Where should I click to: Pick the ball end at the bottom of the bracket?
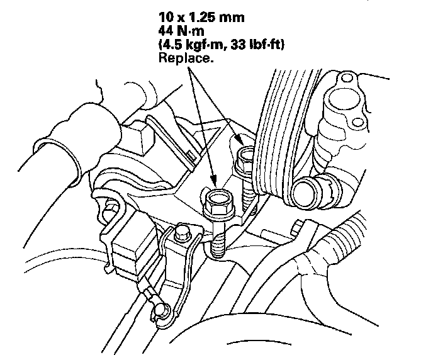coord(159,308)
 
